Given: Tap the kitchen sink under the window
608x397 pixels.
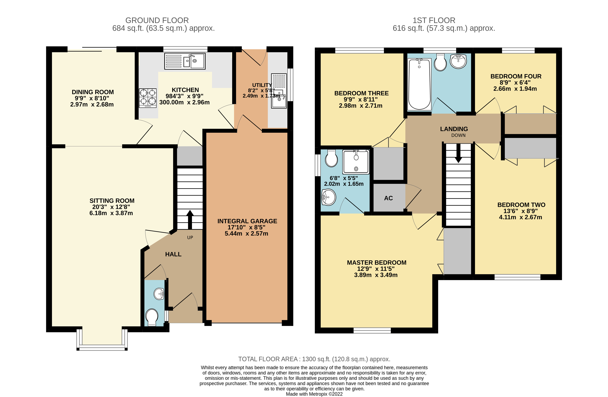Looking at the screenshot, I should coord(185,61).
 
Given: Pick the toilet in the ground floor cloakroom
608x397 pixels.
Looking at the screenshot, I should coord(152,317).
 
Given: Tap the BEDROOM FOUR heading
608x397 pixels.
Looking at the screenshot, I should coord(516,76).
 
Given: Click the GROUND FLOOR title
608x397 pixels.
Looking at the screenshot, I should coord(157,20).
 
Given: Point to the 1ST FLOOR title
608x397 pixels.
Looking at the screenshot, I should coord(434,20).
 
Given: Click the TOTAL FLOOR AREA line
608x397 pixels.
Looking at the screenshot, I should coord(314,359).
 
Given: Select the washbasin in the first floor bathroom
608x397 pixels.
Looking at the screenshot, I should coord(458,61).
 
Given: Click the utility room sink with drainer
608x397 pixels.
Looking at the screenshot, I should coord(279,91).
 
